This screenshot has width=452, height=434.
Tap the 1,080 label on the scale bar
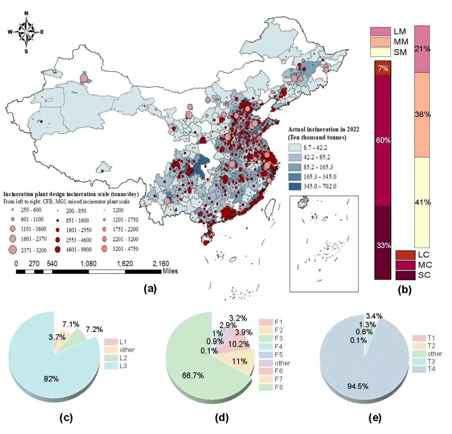88,264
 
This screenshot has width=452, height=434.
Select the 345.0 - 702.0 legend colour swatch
295,187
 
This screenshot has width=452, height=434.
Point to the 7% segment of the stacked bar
383,68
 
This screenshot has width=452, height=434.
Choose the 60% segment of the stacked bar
383,140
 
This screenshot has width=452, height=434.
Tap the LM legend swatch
380,31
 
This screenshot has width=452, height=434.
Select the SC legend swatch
405,275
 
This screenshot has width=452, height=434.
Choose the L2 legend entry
111,357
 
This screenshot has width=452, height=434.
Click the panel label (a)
149,288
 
